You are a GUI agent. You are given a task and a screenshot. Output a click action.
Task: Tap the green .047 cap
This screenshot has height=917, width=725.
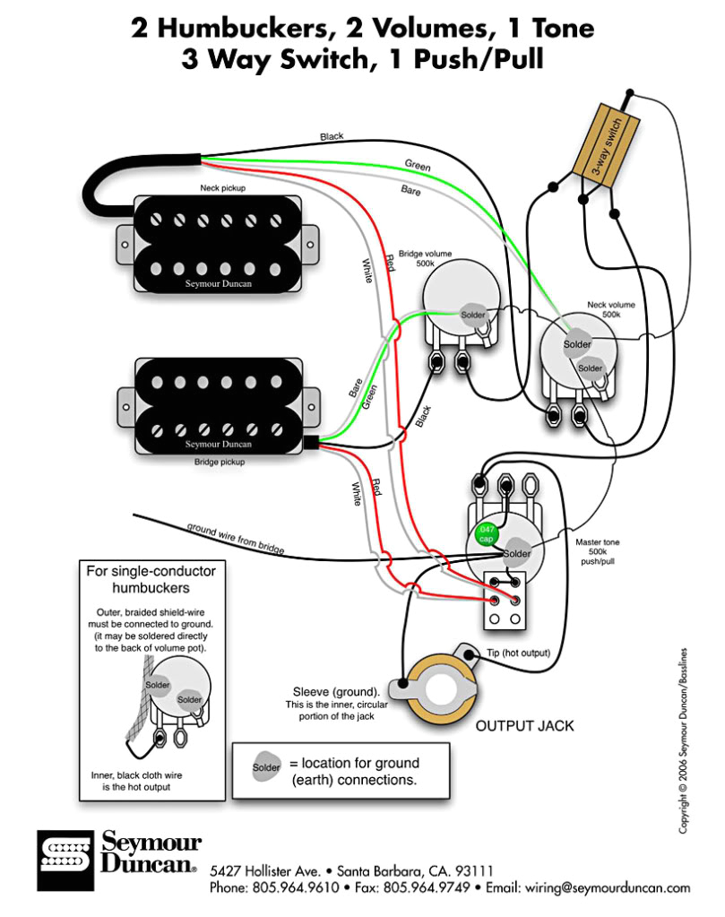pos(487,533)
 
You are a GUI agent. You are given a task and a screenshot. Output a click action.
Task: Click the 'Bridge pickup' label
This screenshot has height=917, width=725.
pos(220,463)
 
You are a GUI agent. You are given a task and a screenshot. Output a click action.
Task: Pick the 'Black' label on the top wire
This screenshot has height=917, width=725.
pos(332,136)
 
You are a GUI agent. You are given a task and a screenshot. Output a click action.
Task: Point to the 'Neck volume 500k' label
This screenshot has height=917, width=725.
pos(609,310)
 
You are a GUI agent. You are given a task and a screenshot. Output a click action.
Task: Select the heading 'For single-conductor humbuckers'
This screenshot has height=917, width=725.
pos(151,579)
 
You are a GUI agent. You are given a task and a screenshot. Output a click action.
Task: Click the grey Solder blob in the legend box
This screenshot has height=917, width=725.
pos(266,767)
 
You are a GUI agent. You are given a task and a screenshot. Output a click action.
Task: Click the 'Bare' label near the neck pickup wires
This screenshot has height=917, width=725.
pos(411,190)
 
